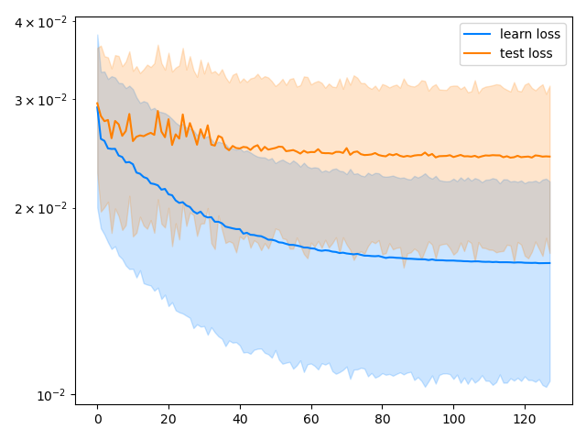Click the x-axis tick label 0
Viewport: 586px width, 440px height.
coord(97,419)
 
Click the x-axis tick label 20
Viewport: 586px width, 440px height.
coord(168,419)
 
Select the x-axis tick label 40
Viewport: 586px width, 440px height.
coord(240,419)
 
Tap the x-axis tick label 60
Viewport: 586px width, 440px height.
coord(311,419)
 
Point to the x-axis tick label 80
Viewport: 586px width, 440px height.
coord(383,419)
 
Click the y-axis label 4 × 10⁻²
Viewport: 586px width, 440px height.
coord(41,21)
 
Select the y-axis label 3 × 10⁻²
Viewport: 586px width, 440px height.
coord(41,99)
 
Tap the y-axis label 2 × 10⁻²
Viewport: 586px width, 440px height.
coord(41,208)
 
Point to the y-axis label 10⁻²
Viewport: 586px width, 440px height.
coord(53,395)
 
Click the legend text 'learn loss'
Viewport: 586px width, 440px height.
coord(530,34)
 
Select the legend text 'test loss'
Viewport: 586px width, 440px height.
coord(526,53)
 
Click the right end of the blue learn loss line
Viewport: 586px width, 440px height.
coord(549,263)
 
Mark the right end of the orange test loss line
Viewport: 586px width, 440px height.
coord(549,157)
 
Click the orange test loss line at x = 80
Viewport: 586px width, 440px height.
coord(383,155)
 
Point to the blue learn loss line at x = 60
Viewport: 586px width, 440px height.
coord(311,248)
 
